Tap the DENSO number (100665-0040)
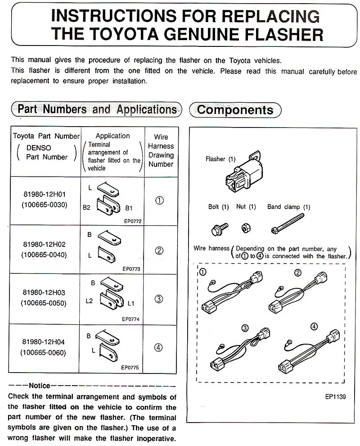44,255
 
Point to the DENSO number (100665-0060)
44,352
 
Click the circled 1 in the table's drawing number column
159,201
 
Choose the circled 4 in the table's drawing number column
158,347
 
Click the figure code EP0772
131,221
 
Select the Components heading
235,110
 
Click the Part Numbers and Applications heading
97,109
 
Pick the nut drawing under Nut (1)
246,227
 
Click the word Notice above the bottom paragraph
40,386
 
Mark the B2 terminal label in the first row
86,208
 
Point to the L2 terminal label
89,300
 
